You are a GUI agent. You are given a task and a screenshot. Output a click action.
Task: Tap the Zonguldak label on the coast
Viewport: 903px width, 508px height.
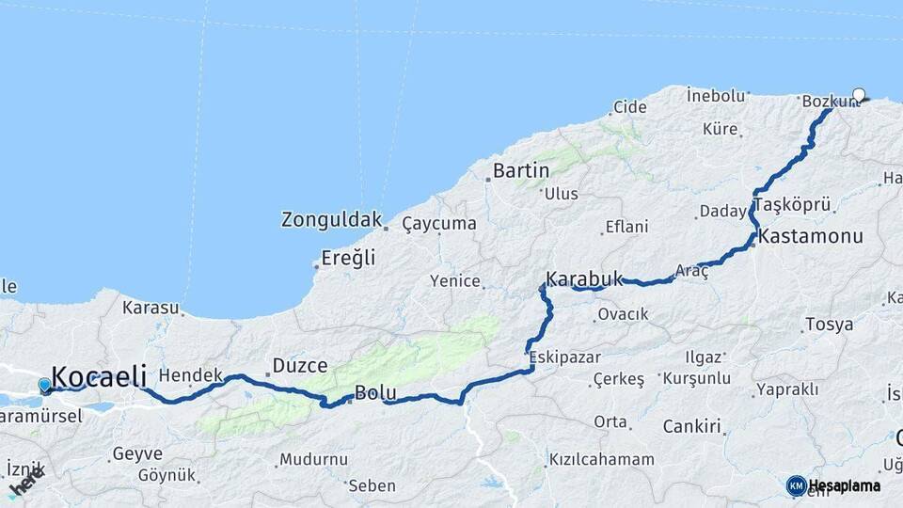331,220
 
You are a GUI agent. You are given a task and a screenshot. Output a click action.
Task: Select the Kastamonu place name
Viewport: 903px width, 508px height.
811,236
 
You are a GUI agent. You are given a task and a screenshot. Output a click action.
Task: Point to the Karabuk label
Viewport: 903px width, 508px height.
584,278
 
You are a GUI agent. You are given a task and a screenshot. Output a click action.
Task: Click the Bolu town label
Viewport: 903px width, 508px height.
375,393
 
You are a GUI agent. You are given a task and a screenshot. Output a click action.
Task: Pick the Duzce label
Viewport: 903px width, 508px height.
299,365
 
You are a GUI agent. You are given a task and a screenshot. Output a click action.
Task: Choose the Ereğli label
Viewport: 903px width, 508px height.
348,257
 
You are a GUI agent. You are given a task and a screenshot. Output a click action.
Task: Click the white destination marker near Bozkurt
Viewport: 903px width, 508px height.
859,94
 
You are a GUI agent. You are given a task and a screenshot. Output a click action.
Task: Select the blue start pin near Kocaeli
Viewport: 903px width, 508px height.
44,385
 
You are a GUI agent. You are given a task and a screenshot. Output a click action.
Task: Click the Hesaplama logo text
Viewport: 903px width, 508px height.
845,485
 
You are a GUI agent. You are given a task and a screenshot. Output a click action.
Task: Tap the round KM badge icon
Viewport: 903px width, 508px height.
796,485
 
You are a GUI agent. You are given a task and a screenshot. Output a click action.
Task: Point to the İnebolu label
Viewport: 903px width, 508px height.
716,95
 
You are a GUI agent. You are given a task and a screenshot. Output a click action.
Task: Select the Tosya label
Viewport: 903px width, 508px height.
829,325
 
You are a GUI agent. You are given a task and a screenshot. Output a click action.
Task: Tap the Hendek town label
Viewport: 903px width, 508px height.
191,375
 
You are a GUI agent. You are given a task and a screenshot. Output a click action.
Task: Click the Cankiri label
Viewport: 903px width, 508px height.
691,426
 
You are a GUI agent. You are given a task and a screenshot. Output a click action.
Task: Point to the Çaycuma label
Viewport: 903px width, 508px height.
439,224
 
